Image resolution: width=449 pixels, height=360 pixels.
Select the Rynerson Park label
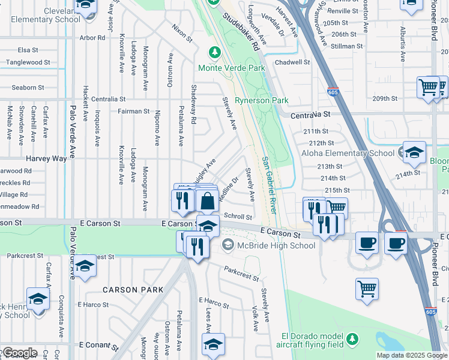[x=262, y=100]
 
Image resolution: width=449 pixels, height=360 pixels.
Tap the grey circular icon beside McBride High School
[x=228, y=245]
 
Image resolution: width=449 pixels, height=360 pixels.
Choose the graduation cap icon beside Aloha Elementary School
[x=414, y=152]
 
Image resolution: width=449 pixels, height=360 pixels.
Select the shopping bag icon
[x=207, y=202]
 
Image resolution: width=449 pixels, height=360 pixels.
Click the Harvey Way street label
[x=46, y=158]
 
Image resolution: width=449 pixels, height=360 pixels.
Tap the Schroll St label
[x=238, y=216]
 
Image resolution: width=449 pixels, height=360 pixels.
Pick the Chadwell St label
[x=292, y=62]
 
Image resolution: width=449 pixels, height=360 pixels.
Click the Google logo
[x=19, y=353]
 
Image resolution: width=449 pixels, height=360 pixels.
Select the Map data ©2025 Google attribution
[x=412, y=355]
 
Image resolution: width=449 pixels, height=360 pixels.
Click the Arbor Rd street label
[x=92, y=37]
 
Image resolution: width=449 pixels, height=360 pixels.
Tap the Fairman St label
[x=133, y=111]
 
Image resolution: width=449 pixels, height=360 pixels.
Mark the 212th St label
[x=321, y=143]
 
